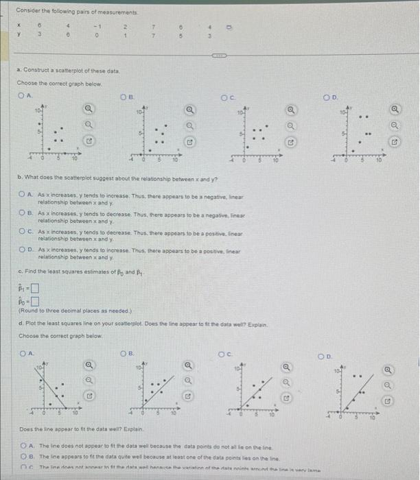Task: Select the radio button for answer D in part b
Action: coord(22,251)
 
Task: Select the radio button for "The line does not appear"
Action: coord(22,444)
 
